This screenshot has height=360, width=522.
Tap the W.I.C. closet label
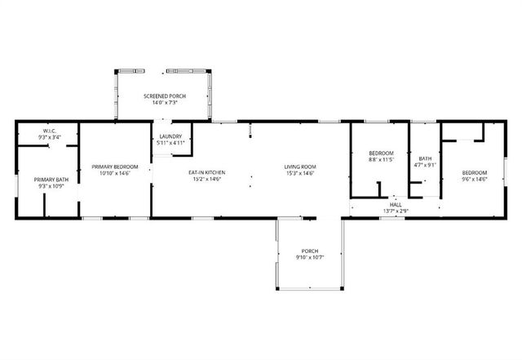(48, 131)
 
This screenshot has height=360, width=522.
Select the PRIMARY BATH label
(48, 180)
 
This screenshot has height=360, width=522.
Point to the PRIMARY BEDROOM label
(114, 167)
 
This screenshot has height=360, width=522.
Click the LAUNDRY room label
(170, 136)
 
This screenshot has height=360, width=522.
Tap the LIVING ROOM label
(300, 167)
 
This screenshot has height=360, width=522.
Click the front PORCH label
(309, 251)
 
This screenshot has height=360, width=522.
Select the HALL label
(396, 205)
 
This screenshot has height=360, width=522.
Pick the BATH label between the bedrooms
(425, 158)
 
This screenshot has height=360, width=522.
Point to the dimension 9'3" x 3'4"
(48, 138)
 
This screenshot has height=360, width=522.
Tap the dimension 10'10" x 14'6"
(114, 173)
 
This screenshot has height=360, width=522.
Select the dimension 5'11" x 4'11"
(170, 143)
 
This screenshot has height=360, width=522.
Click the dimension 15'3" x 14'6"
(300, 173)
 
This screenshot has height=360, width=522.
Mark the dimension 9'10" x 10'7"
(309, 257)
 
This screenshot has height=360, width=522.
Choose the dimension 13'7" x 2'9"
(396, 211)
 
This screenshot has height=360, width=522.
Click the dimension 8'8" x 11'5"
(381, 160)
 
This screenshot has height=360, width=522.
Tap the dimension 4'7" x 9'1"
(425, 165)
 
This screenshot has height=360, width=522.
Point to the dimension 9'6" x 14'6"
(474, 179)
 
